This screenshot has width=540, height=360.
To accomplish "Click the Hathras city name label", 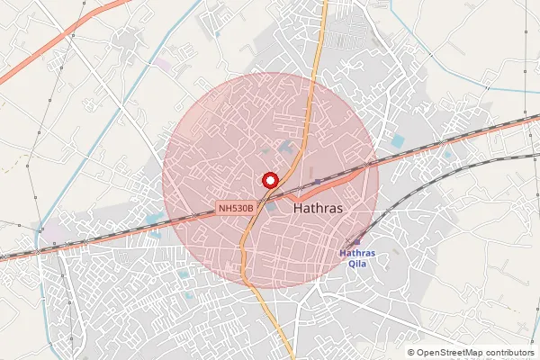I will (319, 207).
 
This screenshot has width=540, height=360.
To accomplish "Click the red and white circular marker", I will (267, 179).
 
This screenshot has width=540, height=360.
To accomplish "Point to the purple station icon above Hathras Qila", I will (356, 241).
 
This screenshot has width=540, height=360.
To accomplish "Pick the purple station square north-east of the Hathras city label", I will (317, 182).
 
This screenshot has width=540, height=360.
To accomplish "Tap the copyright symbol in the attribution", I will (411, 352).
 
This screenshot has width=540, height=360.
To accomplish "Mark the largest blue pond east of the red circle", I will (398, 141).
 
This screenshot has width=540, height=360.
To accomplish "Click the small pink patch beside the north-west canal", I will (161, 64).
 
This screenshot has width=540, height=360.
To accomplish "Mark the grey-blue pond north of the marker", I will (286, 145).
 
